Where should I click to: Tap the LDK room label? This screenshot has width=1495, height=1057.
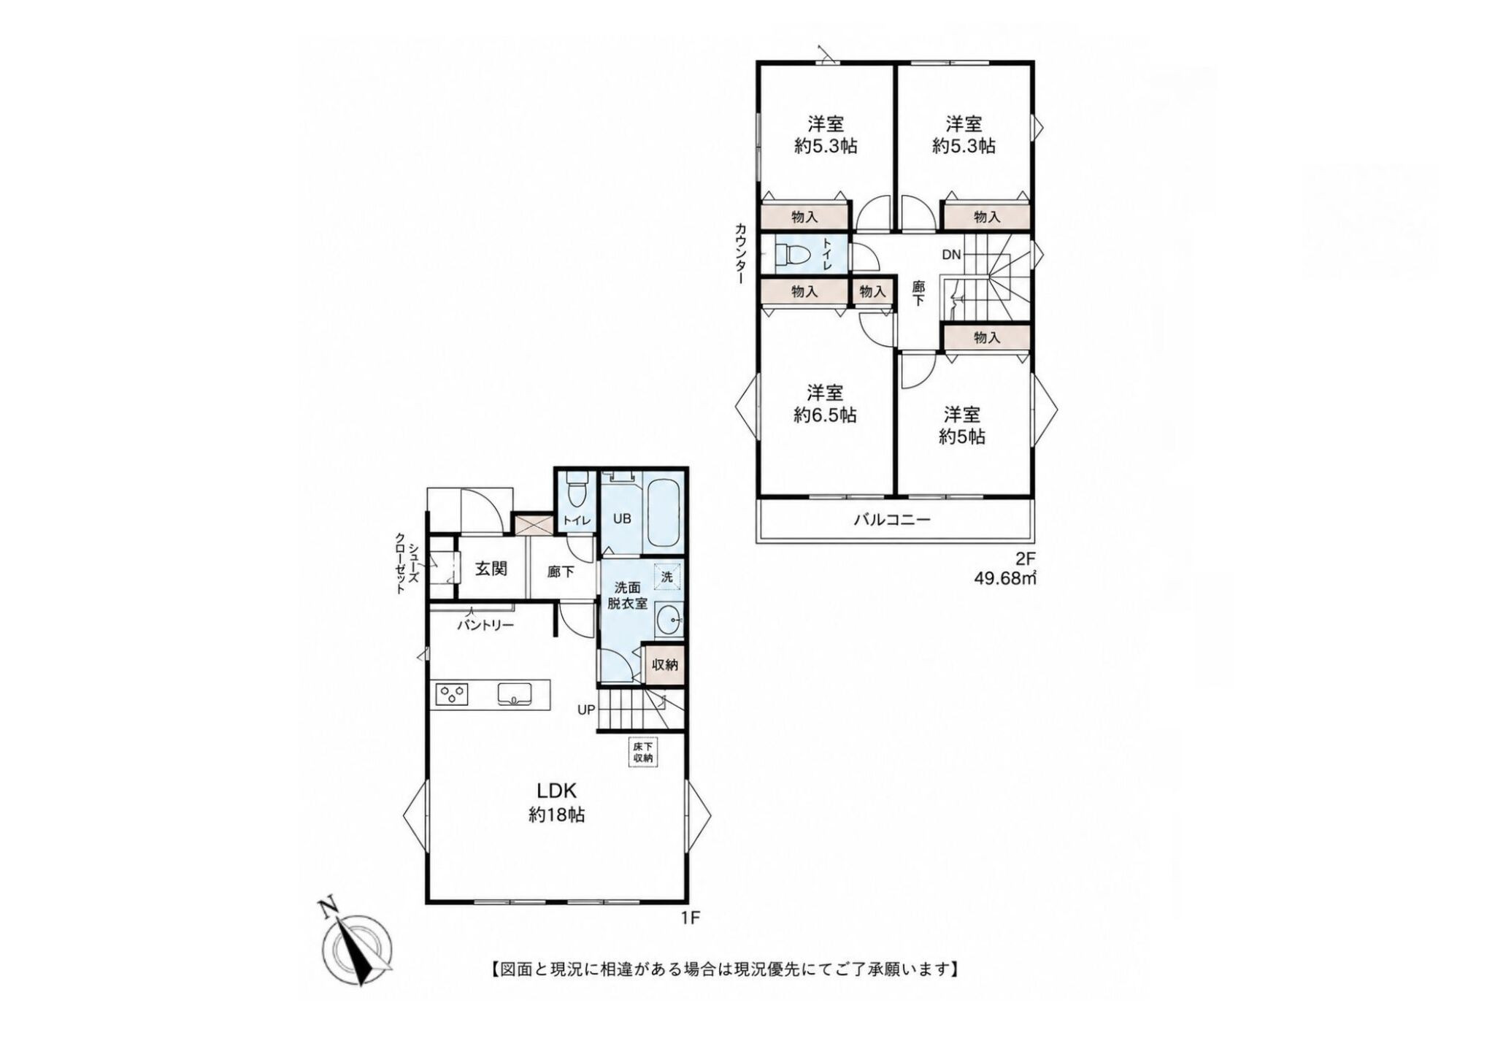click(x=558, y=791)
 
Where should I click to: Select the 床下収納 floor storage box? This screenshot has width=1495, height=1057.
click(x=642, y=753)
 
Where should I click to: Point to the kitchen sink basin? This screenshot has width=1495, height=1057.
click(x=515, y=693)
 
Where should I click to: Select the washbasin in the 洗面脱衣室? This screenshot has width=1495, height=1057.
click(x=669, y=621)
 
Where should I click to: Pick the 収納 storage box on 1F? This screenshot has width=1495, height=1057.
click(x=665, y=665)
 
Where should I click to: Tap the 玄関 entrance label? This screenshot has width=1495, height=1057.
click(x=491, y=568)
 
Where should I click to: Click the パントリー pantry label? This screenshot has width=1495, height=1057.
click(x=486, y=625)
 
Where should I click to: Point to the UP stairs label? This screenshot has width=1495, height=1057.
click(x=586, y=709)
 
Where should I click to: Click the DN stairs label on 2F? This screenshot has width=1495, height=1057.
click(x=951, y=255)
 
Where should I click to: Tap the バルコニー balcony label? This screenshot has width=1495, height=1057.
click(x=892, y=520)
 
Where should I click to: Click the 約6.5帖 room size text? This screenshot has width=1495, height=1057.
click(x=825, y=415)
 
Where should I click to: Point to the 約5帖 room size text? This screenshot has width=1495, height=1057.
click(x=961, y=437)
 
